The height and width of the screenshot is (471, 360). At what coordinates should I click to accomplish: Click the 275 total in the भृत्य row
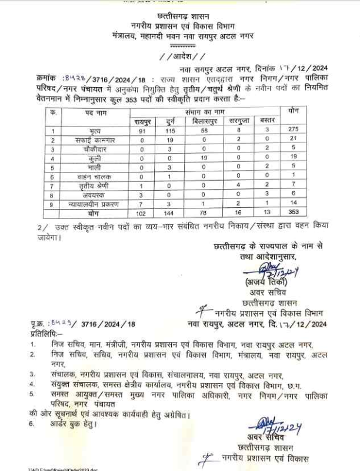tap(296, 131)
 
